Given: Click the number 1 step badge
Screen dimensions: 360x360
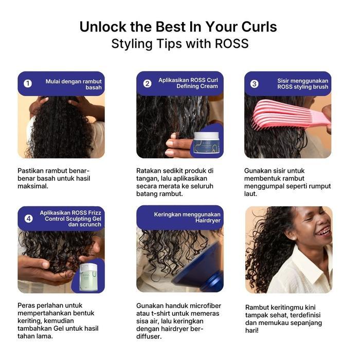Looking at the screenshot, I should pos(28,83).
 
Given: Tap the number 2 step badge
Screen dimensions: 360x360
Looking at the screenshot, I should pos(148,83).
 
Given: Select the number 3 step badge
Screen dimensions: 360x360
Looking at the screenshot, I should pos(255,83).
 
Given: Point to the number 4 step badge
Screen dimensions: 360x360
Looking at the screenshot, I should pos(29,218).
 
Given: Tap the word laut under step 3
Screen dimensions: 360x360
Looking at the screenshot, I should pos(251,194).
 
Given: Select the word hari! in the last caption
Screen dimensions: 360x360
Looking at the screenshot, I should pos(253,331).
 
